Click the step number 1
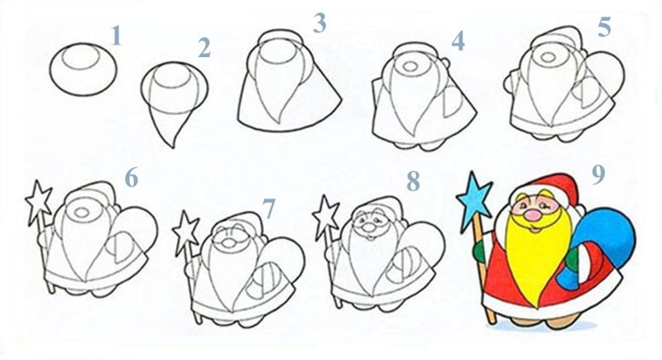(x=116, y=36)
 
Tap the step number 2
(x=204, y=48)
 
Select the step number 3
(x=319, y=23)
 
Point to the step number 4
(x=458, y=41)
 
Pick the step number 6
(x=132, y=178)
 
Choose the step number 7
(x=268, y=209)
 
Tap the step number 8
(x=413, y=181)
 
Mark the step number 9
(x=598, y=175)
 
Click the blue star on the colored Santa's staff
(x=474, y=195)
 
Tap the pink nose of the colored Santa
(x=534, y=215)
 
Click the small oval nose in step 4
(x=410, y=66)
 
